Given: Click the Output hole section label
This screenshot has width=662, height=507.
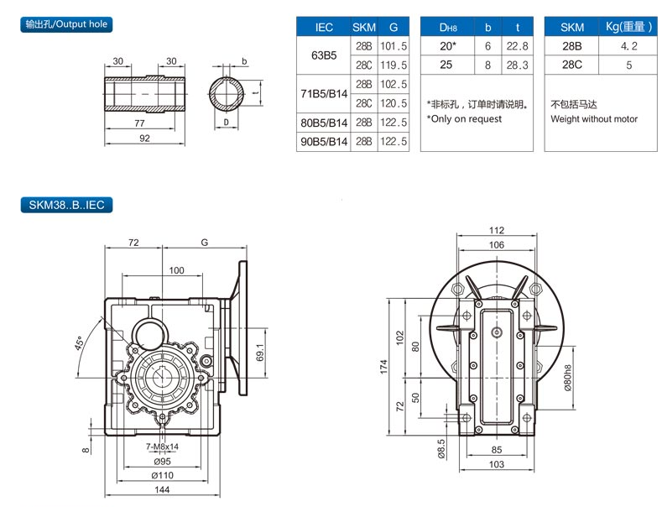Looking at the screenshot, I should tap(67, 25).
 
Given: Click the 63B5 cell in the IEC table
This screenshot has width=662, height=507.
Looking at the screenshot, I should tap(324, 57).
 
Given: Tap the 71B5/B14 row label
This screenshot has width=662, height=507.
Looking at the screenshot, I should tap(324, 94).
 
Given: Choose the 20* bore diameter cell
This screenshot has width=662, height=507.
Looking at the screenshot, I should tap(447, 46).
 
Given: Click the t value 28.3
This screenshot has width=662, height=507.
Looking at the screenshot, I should tap(517, 65).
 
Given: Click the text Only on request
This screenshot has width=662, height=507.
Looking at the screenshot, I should tap(464, 119).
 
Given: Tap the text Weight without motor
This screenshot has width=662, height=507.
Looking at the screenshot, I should tap(593, 119).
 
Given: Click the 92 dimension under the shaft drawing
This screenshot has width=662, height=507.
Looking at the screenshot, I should tap(143, 139).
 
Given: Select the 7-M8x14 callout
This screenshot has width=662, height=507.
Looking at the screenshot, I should tap(161, 447).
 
